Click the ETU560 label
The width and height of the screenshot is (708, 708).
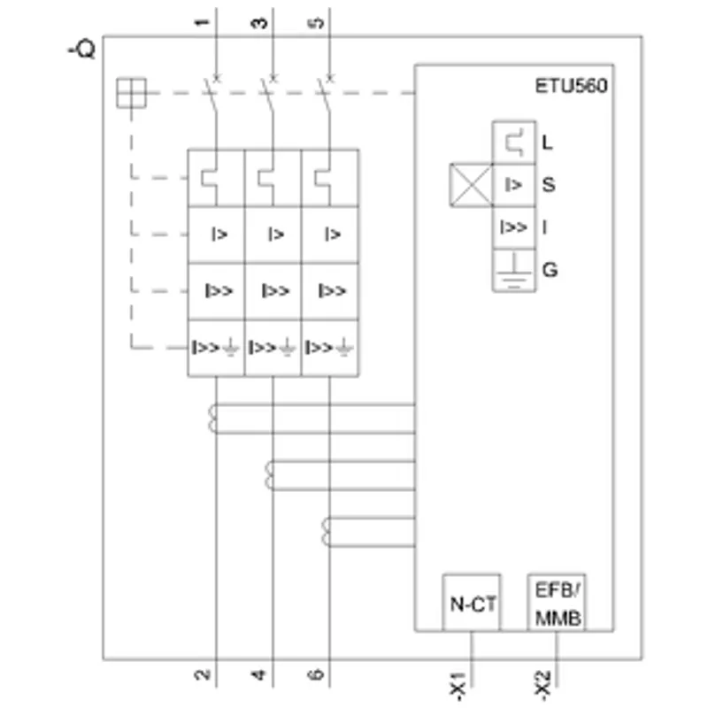point(571,86)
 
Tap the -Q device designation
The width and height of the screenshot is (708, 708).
point(81,50)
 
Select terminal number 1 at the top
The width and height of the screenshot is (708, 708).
point(203,22)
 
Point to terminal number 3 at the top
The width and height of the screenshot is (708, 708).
point(258,23)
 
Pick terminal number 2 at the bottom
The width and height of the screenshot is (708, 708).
point(203,674)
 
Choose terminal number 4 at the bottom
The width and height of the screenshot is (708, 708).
point(258,675)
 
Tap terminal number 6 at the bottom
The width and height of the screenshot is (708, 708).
point(316,674)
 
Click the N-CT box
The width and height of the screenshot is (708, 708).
point(472,603)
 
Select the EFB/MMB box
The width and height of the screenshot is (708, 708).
point(557,603)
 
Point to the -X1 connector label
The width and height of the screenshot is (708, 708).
point(458,687)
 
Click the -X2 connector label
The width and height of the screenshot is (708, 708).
point(543,685)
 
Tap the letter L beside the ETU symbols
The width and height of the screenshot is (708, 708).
point(547,142)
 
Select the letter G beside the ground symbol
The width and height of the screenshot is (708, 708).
point(550,270)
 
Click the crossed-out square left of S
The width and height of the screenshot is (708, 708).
point(471,185)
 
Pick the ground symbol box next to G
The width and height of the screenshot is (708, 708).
point(514,270)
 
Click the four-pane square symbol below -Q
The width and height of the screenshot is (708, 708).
point(131,93)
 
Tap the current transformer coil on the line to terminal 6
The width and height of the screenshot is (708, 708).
point(326,532)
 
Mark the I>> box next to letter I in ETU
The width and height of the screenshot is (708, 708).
point(514,227)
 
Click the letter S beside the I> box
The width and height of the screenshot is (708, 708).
point(549,185)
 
